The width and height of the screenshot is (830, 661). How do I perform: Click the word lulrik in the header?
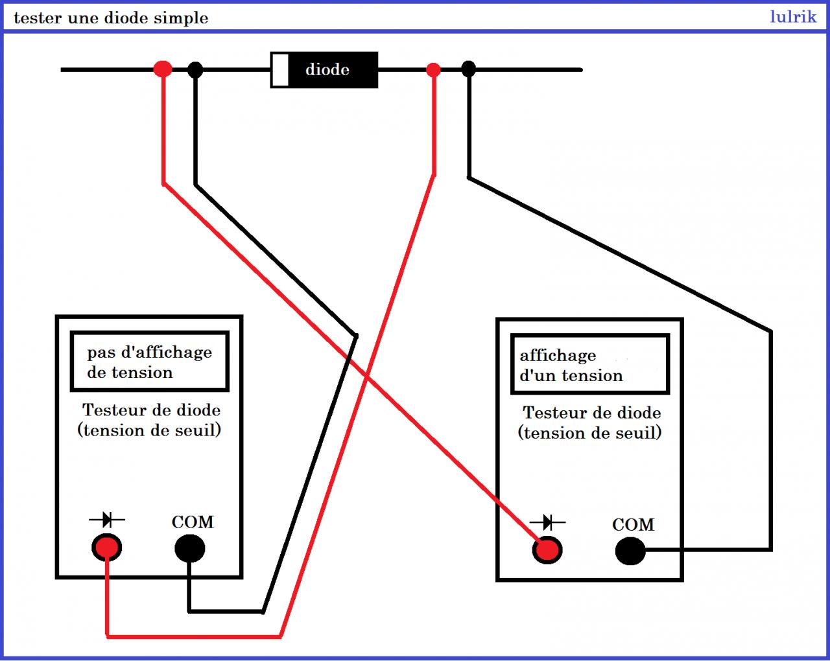tap(792, 17)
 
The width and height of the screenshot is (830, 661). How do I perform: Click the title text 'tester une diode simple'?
tap(111, 18)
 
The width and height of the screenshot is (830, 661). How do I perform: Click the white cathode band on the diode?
tap(279, 70)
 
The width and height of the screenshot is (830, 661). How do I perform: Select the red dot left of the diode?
tap(163, 68)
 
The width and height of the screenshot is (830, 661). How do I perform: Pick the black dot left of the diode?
tap(195, 69)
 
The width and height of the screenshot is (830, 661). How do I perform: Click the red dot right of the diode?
tap(433, 69)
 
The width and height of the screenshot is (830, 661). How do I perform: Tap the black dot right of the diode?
tap(468, 69)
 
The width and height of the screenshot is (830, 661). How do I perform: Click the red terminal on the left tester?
tap(106, 548)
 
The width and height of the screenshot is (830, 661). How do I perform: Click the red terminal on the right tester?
tap(547, 551)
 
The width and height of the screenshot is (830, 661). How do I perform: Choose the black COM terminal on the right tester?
tap(630, 551)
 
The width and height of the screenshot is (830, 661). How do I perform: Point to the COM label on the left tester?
tap(193, 522)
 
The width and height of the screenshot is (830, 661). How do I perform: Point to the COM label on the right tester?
tap(633, 525)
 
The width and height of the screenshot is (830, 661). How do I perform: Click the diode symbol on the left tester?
tap(106, 519)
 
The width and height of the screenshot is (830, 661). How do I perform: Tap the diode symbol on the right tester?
tap(547, 522)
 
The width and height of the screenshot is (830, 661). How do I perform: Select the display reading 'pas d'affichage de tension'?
tap(149, 362)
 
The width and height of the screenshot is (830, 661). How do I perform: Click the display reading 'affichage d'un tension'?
tap(571, 365)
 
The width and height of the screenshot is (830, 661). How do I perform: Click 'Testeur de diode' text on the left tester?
tap(151, 410)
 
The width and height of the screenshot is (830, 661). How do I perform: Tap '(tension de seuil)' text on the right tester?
tap(589, 433)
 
